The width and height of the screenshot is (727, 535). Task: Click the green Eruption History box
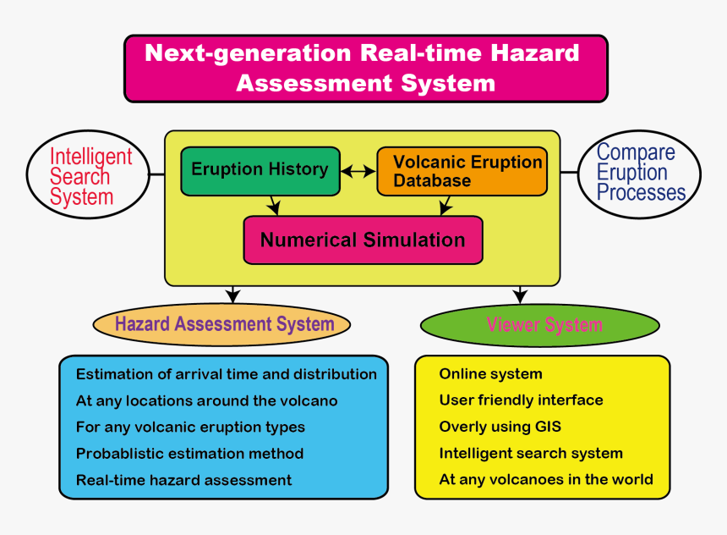260,170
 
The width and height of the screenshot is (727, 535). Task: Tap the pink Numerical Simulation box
363,240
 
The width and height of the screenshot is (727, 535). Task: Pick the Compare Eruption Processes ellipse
640,173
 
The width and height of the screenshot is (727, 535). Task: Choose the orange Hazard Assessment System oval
221,324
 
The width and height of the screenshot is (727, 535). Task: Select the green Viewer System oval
539,325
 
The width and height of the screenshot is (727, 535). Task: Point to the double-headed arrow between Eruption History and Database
358,171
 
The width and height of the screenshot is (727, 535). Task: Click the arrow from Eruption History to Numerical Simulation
272,205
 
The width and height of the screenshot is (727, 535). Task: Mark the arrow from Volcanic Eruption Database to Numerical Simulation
442,205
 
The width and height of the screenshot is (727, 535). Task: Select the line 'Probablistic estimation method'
189,454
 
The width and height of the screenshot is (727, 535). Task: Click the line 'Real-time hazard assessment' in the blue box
183,480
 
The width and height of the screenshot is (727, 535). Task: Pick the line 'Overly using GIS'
500,427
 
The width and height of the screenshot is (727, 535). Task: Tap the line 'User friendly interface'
521,400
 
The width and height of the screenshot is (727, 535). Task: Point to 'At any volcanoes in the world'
545,479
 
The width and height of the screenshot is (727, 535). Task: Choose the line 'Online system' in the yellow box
490,374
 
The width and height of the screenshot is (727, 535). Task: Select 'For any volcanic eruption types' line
190,427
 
